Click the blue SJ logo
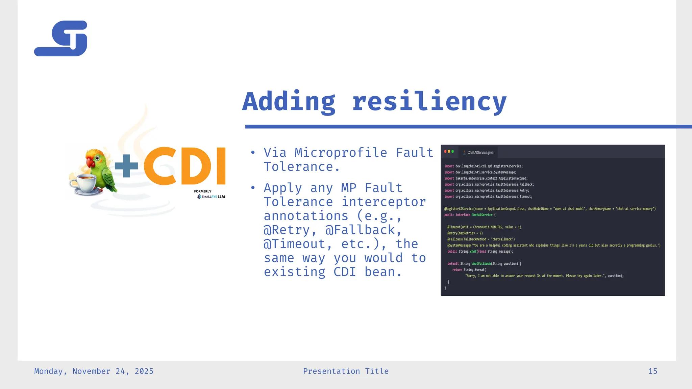(61, 38)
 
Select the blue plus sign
(126, 166)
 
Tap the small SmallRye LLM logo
(211, 197)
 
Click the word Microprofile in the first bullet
(341, 153)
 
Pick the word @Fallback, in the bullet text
(364, 230)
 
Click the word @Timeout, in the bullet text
(294, 244)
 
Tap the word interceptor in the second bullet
(384, 202)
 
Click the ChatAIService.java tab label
(480, 153)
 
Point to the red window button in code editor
(445, 151)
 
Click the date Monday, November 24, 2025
(94, 371)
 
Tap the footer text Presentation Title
(346, 371)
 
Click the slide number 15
(652, 371)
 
